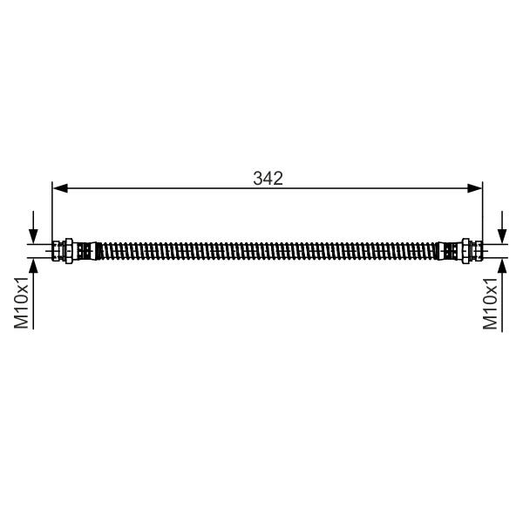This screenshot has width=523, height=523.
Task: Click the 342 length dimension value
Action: pyautogui.click(x=268, y=179)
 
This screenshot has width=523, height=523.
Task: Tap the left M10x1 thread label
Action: pyautogui.click(x=21, y=302)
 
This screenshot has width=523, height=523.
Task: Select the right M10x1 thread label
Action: pyautogui.click(x=490, y=302)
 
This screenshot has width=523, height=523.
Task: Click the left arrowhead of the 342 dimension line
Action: pyautogui.click(x=60, y=188)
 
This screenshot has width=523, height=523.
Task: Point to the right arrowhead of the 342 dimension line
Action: pyautogui.click(x=475, y=188)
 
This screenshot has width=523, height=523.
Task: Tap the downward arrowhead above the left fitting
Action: pyautogui.click(x=33, y=236)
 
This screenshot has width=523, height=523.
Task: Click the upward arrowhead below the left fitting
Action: pyautogui.click(x=33, y=266)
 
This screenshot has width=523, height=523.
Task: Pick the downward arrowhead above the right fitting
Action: pyautogui.click(x=502, y=236)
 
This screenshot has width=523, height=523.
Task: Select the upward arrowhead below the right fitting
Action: pyautogui.click(x=502, y=266)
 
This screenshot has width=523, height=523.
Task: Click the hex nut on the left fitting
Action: pyautogui.click(x=69, y=251)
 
